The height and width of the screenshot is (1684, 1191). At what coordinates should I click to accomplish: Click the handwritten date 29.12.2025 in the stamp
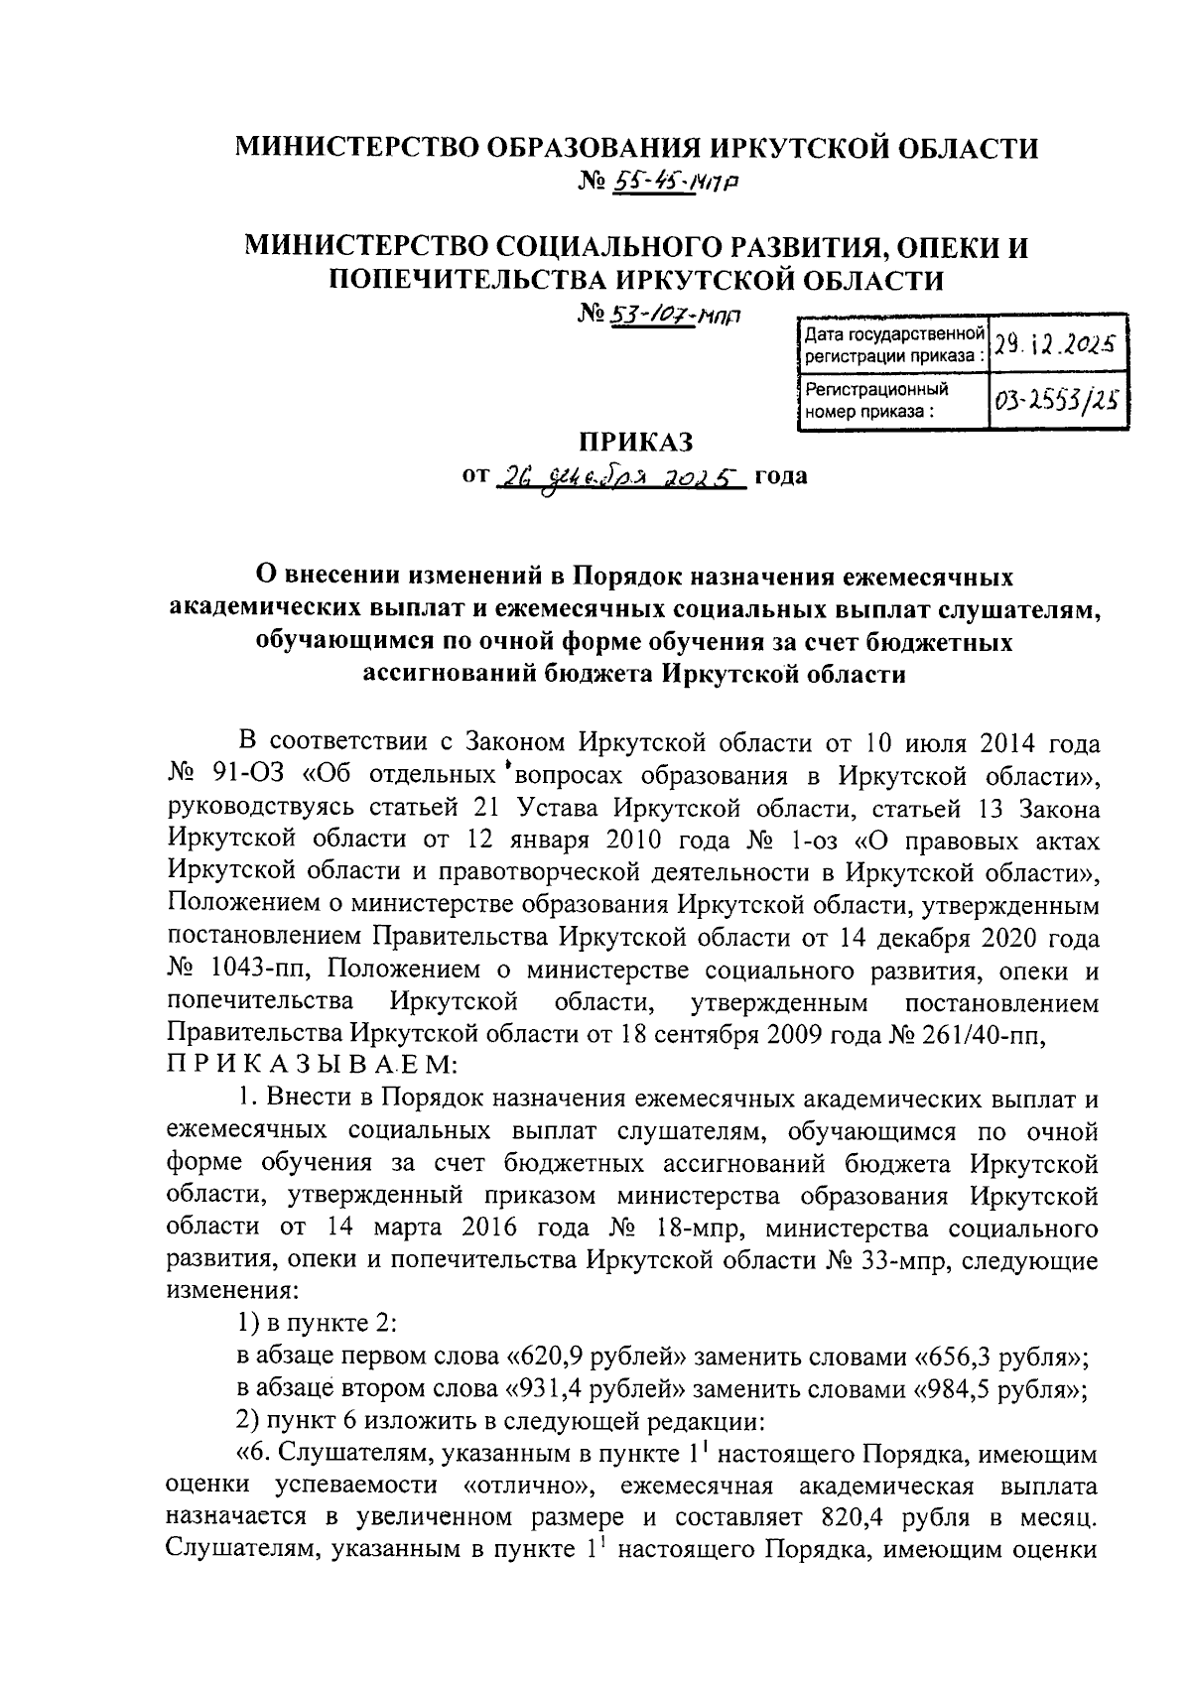coord(1056,345)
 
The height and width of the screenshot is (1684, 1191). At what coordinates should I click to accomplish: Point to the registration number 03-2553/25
coord(1056,401)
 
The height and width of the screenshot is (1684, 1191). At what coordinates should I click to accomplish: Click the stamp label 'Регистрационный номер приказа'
coord(876,400)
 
